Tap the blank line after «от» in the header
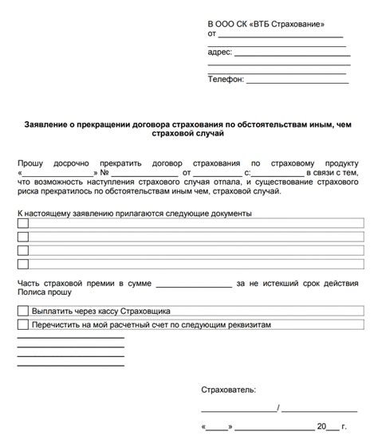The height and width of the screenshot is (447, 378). (x=280, y=37)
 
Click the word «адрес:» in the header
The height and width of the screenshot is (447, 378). (x=220, y=52)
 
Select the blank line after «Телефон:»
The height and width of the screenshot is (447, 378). (x=297, y=80)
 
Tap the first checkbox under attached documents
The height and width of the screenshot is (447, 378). (x=22, y=224)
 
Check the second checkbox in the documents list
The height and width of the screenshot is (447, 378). (x=22, y=237)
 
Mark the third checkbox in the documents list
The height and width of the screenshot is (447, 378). (x=22, y=250)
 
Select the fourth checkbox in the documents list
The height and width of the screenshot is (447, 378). (x=22, y=264)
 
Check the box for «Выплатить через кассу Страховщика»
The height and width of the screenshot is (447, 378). (x=22, y=312)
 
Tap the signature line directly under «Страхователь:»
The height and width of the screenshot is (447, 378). (x=239, y=410)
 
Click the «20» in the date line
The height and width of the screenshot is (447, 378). (x=321, y=427)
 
